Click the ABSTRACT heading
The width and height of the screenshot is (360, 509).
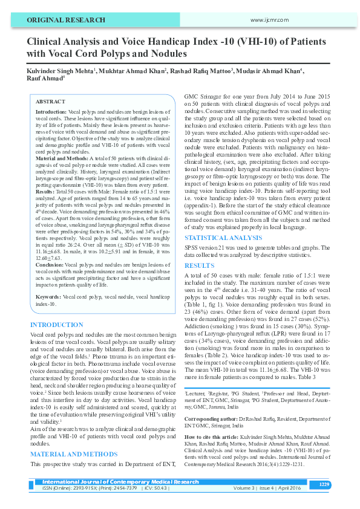pyautogui.click(x=50, y=102)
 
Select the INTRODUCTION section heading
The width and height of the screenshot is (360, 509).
pyautogui.click(x=56, y=325)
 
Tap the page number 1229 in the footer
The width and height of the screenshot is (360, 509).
pyautogui.click(x=324, y=484)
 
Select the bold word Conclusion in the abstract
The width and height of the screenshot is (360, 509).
pyautogui.click(x=50, y=265)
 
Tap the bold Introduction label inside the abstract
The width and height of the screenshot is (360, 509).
pyautogui.click(x=52, y=112)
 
